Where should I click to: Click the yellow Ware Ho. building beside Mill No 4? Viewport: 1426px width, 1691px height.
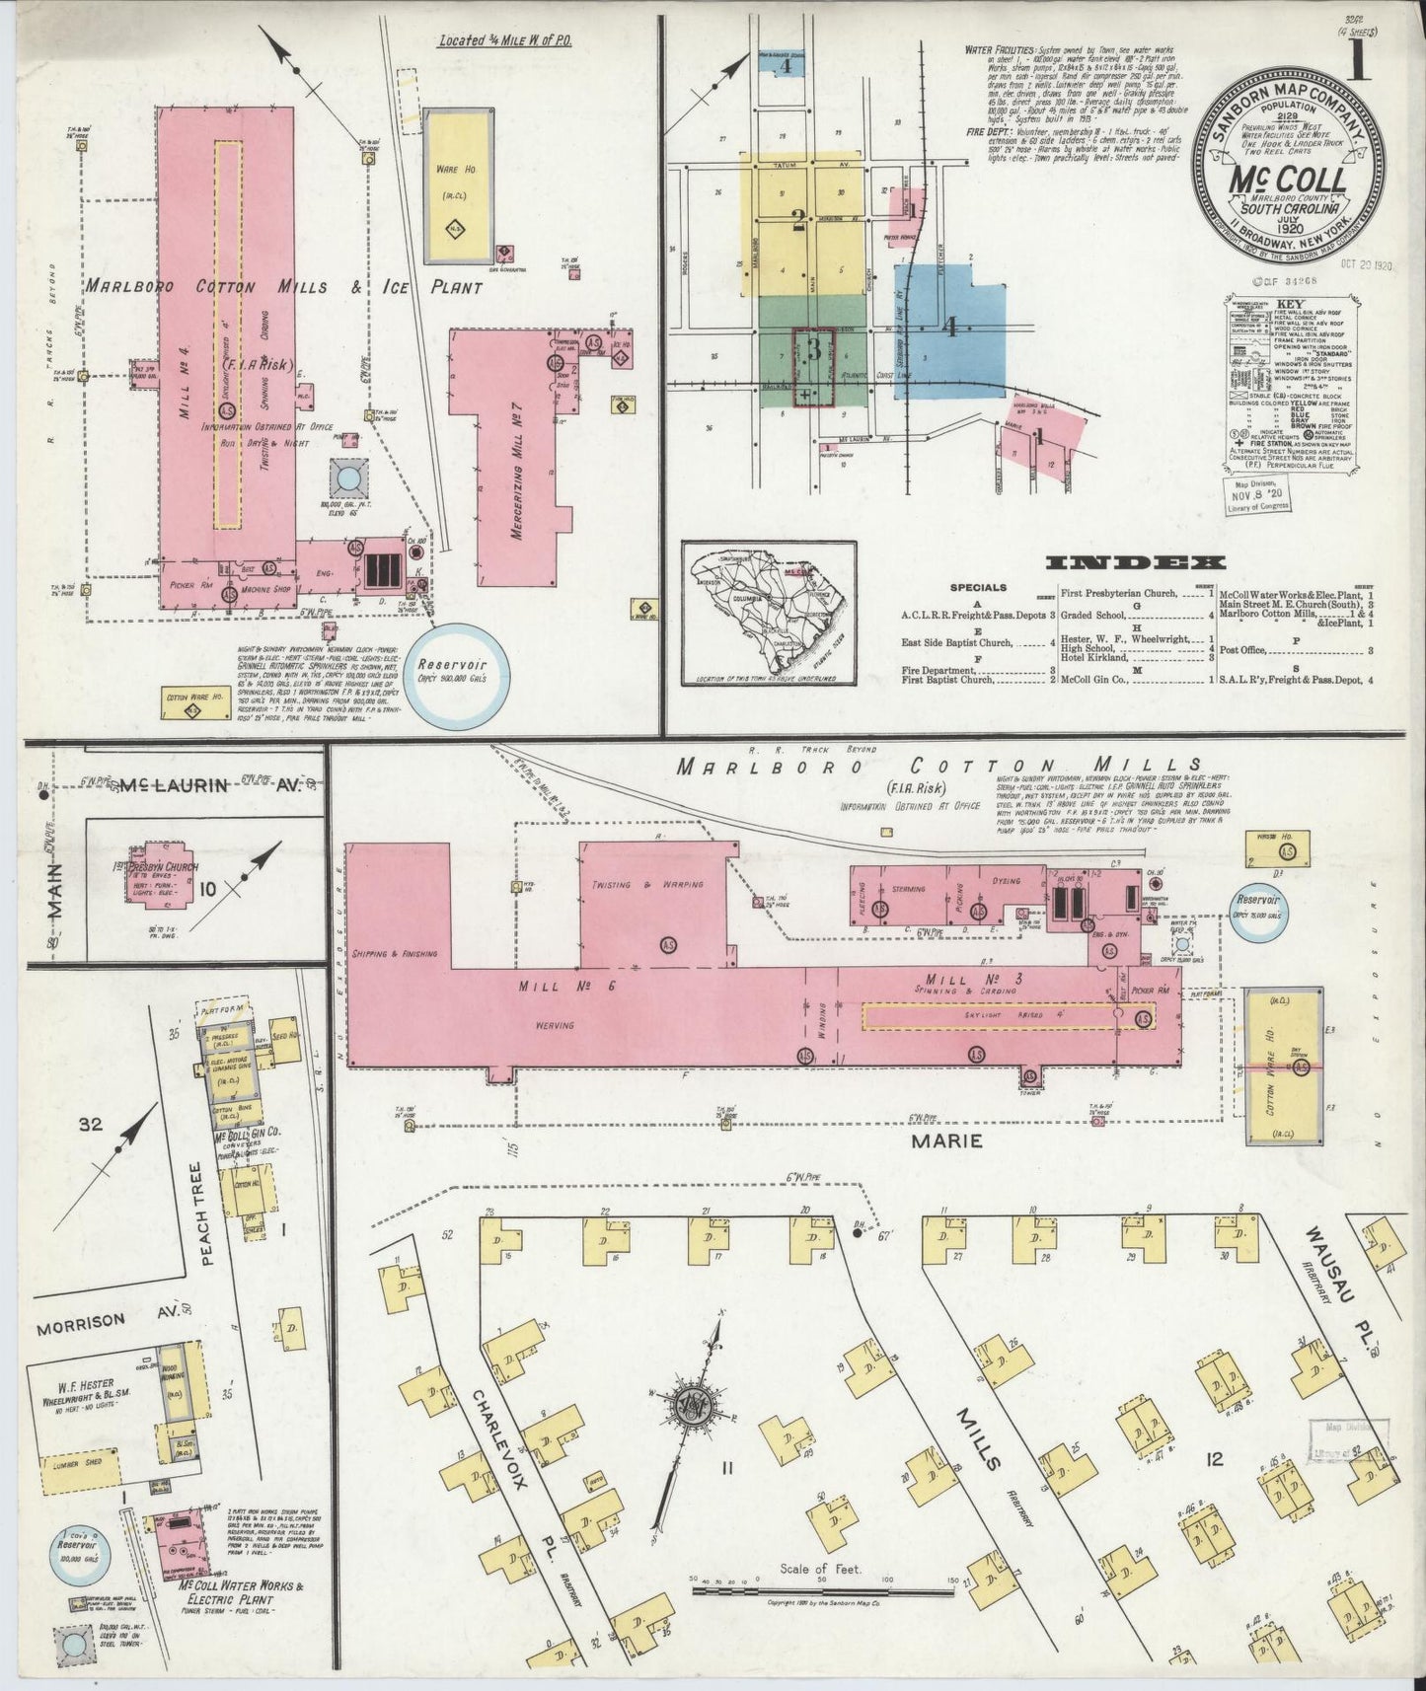pyautogui.click(x=459, y=185)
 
